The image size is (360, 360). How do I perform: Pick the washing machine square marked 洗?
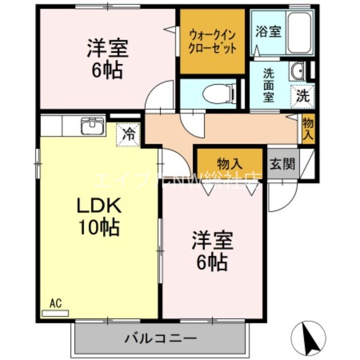[x=304, y=95]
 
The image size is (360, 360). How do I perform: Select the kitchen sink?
[x=93, y=126]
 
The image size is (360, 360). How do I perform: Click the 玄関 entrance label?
[x=283, y=164]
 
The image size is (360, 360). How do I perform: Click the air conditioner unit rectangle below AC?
[x=55, y=313]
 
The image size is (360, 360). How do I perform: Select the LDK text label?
[x=98, y=207]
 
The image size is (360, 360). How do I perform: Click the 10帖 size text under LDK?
[x=98, y=229]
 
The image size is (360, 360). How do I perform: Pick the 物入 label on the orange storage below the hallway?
[x=230, y=162]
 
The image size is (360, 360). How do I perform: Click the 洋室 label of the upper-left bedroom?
[x=108, y=48]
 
